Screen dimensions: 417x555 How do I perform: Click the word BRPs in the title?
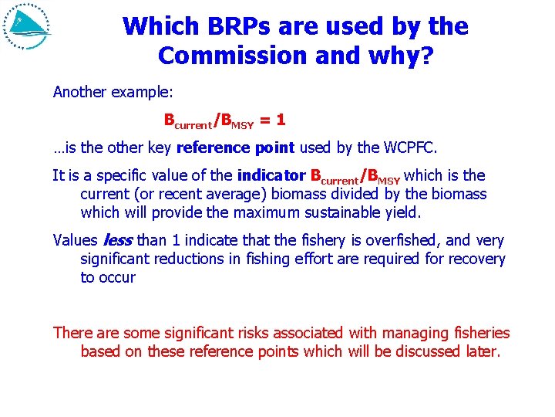click(x=230, y=26)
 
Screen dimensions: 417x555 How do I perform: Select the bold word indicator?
click(x=271, y=175)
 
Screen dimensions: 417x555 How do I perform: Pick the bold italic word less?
click(x=116, y=240)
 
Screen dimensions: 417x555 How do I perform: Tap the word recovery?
click(x=476, y=259)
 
